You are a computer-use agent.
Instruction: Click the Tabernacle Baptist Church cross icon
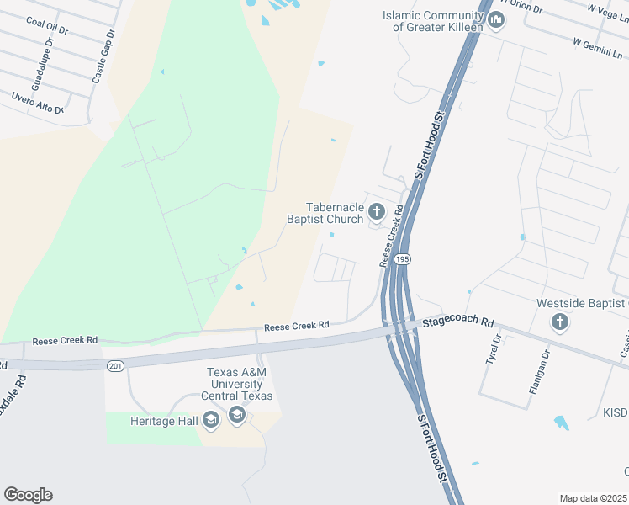tap(377, 211)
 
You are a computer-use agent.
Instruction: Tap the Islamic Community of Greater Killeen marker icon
tap(495, 19)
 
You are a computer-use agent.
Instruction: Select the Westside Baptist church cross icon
tap(559, 321)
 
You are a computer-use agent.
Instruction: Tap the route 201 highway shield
tap(115, 365)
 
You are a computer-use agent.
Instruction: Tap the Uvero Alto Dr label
tap(38, 104)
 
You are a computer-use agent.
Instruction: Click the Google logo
tap(28, 495)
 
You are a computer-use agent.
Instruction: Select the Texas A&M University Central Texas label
tap(240, 385)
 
